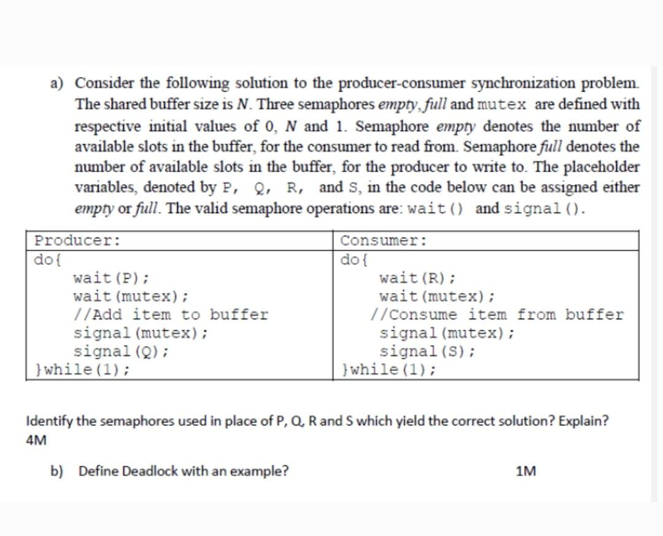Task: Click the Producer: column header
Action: (x=77, y=240)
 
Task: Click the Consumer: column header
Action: (x=384, y=240)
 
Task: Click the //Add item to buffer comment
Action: (x=171, y=315)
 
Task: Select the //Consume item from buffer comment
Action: (x=497, y=315)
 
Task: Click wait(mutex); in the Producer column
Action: (x=131, y=296)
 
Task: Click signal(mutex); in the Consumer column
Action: (x=447, y=333)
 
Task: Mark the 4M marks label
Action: (x=37, y=440)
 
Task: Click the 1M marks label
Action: (x=526, y=471)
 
